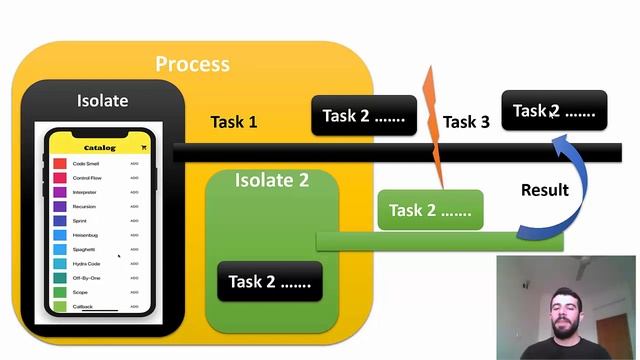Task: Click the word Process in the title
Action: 192,64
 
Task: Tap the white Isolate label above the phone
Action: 103,101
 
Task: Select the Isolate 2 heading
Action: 272,181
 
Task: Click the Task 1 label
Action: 234,122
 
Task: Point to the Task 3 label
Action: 466,122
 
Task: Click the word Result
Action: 545,189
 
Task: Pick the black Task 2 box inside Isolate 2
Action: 270,282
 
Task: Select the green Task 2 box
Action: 430,210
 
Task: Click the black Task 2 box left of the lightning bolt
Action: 364,116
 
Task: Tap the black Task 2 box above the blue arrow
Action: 554,111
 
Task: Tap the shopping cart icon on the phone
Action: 143,148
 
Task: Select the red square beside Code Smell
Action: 60,163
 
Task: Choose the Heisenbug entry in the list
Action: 85,235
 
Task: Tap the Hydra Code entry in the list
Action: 86,263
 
